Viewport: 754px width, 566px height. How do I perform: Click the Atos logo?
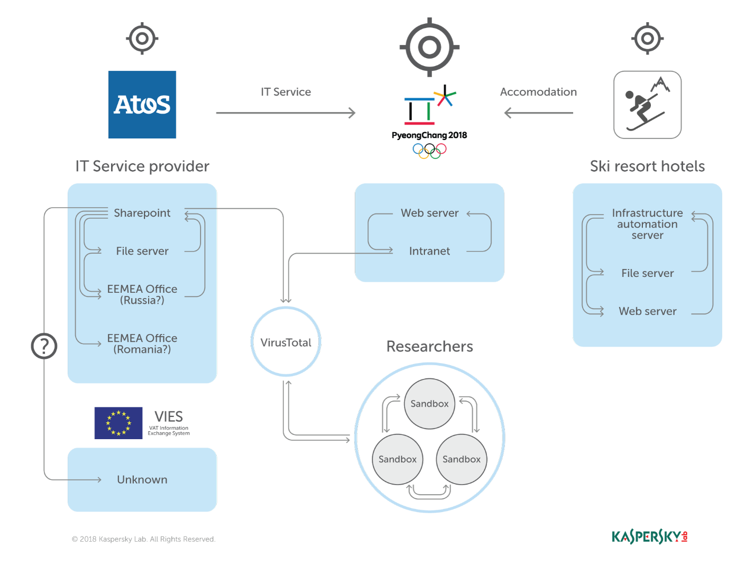[x=142, y=105]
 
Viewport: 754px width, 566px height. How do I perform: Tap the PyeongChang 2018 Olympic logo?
[x=429, y=122]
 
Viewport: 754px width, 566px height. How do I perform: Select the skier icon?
[x=647, y=105]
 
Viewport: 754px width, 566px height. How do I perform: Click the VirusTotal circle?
[x=286, y=342]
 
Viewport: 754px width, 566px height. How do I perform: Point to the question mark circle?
[x=44, y=346]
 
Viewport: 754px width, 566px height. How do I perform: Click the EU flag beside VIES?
[x=118, y=423]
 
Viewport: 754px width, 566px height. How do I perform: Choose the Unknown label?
[x=142, y=479]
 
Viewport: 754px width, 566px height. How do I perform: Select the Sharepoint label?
[x=142, y=213]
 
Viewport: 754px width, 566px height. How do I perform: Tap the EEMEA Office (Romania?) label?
[x=142, y=344]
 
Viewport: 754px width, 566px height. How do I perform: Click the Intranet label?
[x=429, y=251]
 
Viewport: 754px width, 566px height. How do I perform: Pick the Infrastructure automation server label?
[x=647, y=224]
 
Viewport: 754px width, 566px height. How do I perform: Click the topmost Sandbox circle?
[x=429, y=404]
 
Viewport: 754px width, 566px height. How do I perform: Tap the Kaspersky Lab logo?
[x=649, y=537]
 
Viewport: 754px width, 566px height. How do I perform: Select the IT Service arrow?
[x=286, y=113]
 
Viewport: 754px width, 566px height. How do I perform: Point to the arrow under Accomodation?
[x=538, y=113]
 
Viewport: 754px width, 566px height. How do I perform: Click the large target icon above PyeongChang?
[x=429, y=47]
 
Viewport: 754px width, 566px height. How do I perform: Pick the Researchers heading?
[x=429, y=346]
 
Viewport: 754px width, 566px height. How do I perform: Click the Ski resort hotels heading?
[x=647, y=166]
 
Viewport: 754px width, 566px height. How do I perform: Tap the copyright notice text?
[x=143, y=539]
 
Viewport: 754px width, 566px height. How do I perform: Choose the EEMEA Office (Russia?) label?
[x=142, y=294]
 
